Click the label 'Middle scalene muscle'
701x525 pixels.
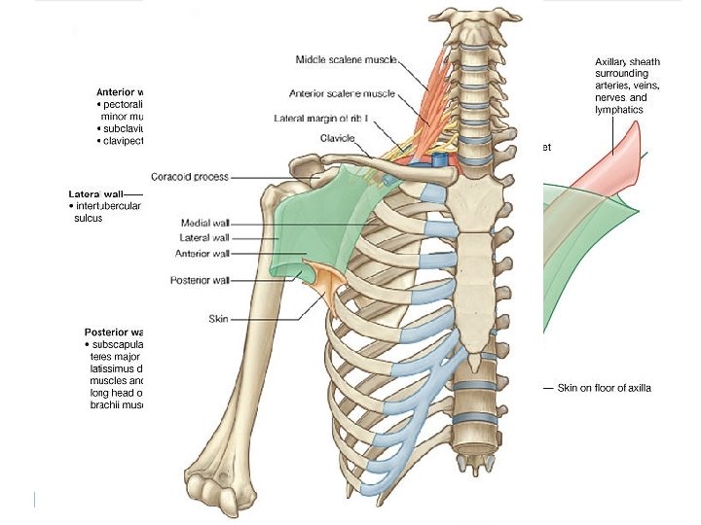[x=347, y=60]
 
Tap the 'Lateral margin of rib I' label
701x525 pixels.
[x=321, y=119]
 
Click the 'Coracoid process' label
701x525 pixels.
[x=190, y=177]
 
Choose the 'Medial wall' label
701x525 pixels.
[x=205, y=223]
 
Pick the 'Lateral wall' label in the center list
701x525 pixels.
[x=204, y=238]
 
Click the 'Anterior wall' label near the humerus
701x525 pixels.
[x=202, y=254]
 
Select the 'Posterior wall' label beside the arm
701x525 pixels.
[x=200, y=281]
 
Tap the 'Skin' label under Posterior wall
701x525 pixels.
[x=218, y=318]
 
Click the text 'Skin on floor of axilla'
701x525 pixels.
[x=604, y=389]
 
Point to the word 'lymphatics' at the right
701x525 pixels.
[x=620, y=110]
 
